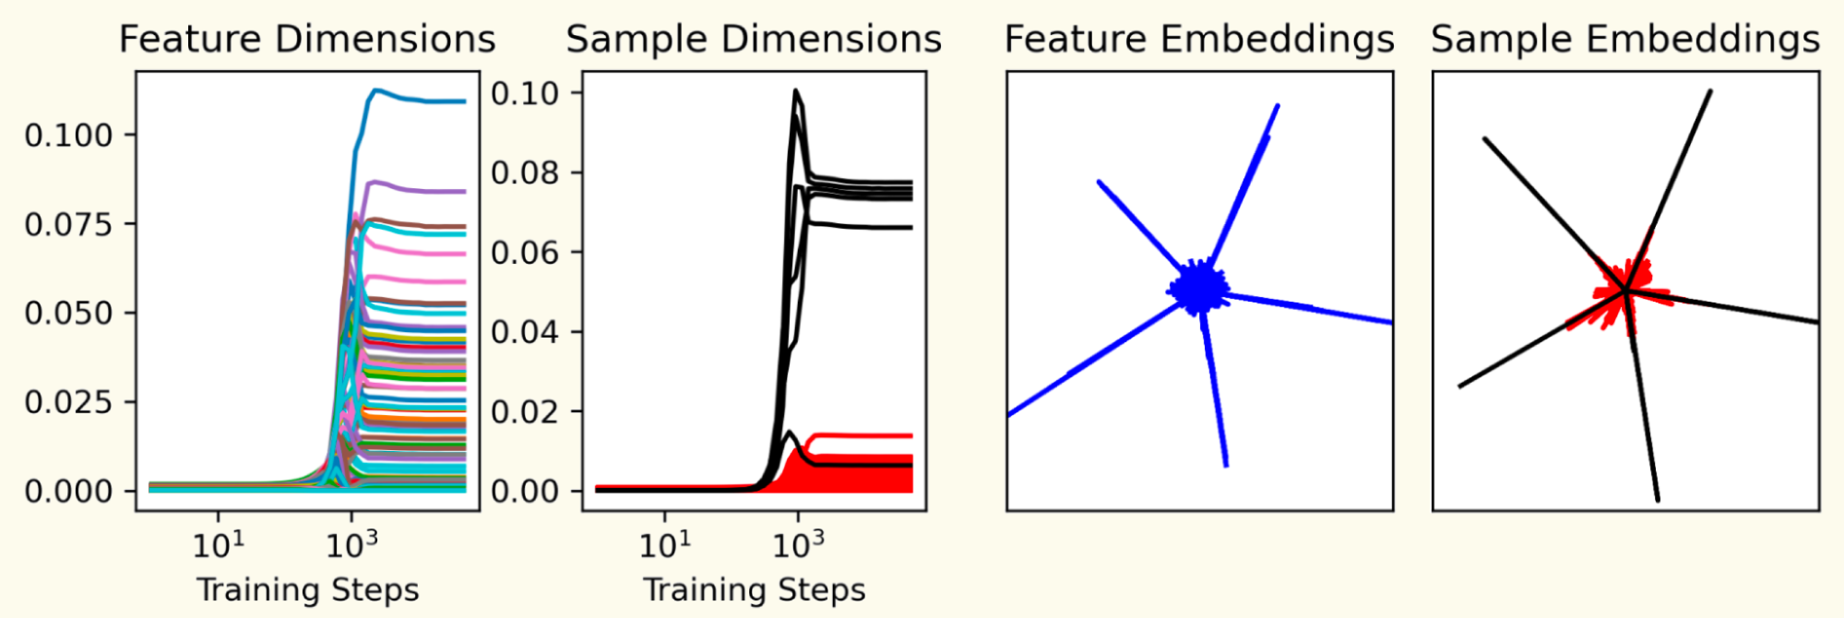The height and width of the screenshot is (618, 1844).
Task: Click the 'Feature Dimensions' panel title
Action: [307, 40]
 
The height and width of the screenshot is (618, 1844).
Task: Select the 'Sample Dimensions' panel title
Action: [754, 40]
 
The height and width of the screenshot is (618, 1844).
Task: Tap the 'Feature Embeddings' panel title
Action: [1199, 40]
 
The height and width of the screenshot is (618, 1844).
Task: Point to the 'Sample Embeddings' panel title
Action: [1625, 40]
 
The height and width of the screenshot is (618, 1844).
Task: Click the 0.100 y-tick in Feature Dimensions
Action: [68, 136]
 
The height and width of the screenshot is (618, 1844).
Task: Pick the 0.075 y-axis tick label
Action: [68, 224]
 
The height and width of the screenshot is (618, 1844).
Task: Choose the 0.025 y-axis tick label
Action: [68, 402]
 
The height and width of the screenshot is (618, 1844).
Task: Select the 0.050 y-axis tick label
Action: [68, 314]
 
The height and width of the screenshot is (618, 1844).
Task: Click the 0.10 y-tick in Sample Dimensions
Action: [525, 93]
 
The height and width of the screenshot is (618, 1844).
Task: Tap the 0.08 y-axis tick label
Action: [525, 172]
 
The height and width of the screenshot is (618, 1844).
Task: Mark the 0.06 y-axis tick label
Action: [525, 252]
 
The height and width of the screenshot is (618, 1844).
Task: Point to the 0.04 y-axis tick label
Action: [525, 332]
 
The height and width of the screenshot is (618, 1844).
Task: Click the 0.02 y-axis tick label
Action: [525, 411]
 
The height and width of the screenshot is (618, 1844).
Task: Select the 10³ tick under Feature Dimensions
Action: [351, 545]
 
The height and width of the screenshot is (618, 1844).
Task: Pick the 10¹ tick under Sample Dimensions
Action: [665, 545]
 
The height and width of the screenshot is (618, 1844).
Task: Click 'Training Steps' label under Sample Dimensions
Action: [755, 589]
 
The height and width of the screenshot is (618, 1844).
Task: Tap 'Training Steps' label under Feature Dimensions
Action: [308, 589]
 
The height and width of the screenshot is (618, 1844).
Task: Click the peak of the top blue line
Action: [376, 90]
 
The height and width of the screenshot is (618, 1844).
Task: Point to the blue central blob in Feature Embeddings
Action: [1197, 289]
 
